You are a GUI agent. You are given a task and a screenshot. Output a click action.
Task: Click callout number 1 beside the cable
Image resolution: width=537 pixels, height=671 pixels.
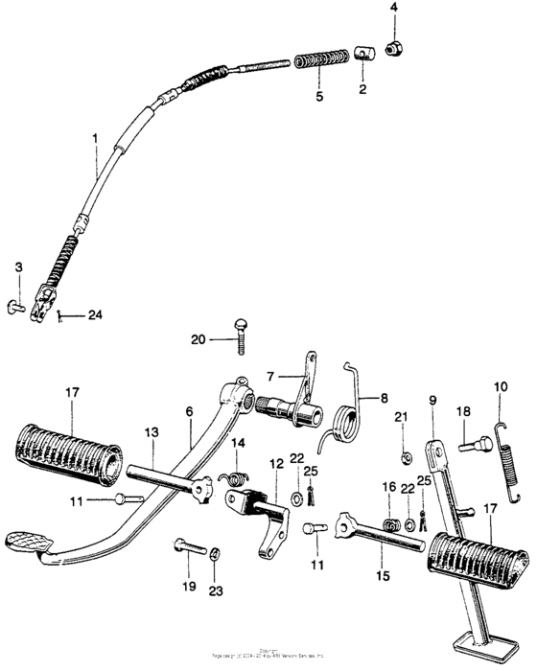click(x=94, y=139)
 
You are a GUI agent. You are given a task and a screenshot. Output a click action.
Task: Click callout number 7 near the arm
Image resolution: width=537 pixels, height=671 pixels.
click(x=271, y=375)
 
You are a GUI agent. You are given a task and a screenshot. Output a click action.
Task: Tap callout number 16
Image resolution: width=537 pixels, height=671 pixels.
click(x=388, y=487)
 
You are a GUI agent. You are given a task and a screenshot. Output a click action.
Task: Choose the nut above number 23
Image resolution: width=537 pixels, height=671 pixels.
click(x=216, y=552)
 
